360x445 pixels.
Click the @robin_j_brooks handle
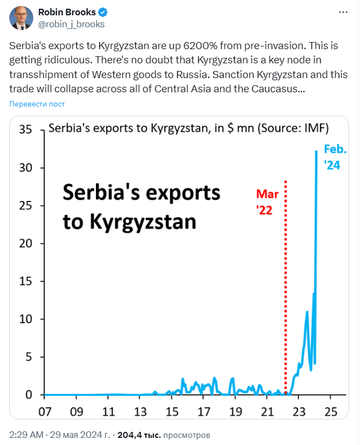71,24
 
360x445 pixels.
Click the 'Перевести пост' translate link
37,104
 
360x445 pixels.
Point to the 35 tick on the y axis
26,130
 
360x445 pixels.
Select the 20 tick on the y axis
26,244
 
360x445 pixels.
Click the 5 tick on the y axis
29,357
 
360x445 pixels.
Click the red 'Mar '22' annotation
267,202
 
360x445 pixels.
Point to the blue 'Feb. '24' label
332,157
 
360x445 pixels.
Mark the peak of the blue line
316,151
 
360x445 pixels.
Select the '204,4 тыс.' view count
139,435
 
